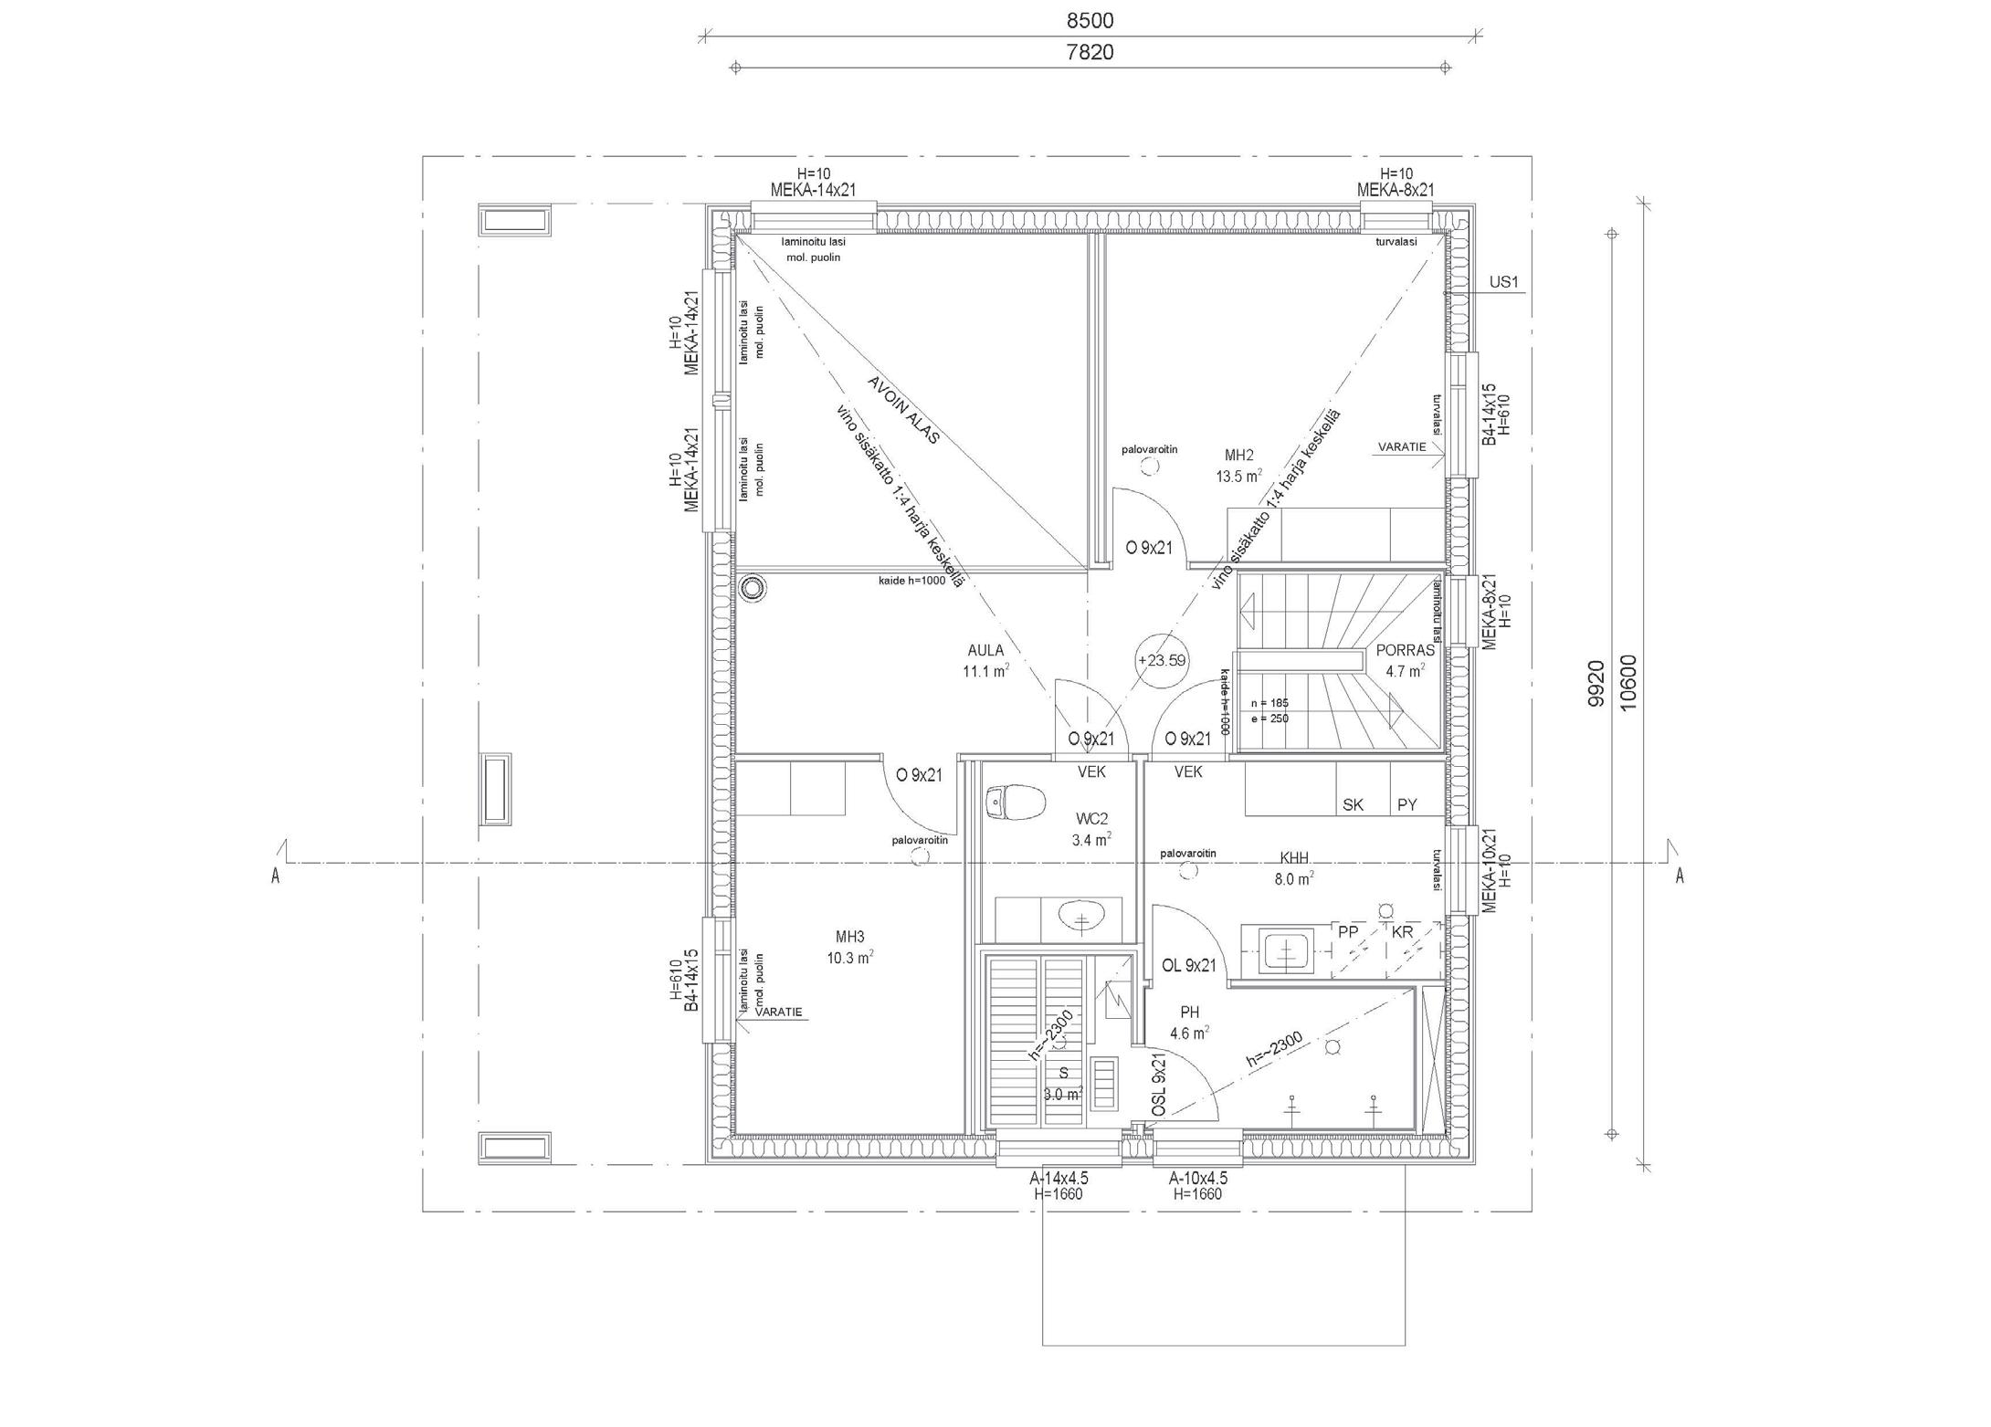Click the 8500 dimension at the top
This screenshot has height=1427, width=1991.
click(x=1090, y=20)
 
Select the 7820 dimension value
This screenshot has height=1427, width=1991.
click(x=1090, y=52)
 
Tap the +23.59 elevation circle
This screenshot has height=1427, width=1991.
click(x=1162, y=660)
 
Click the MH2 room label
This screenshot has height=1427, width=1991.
click(x=1238, y=455)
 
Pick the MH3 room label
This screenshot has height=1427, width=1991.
click(x=849, y=936)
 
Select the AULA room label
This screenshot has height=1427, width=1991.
click(x=985, y=651)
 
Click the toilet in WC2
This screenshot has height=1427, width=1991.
click(x=1016, y=803)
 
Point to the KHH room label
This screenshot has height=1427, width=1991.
click(x=1294, y=858)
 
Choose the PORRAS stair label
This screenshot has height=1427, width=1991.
click(x=1405, y=651)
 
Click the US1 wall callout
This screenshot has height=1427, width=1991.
click(x=1503, y=282)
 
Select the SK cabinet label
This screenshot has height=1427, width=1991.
click(x=1353, y=804)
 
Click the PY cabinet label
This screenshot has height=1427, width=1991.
click(x=1406, y=804)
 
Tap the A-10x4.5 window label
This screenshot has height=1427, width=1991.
click(x=1197, y=1178)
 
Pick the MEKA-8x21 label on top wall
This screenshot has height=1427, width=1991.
click(x=1395, y=189)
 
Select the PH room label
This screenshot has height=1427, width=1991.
click(x=1189, y=1012)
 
